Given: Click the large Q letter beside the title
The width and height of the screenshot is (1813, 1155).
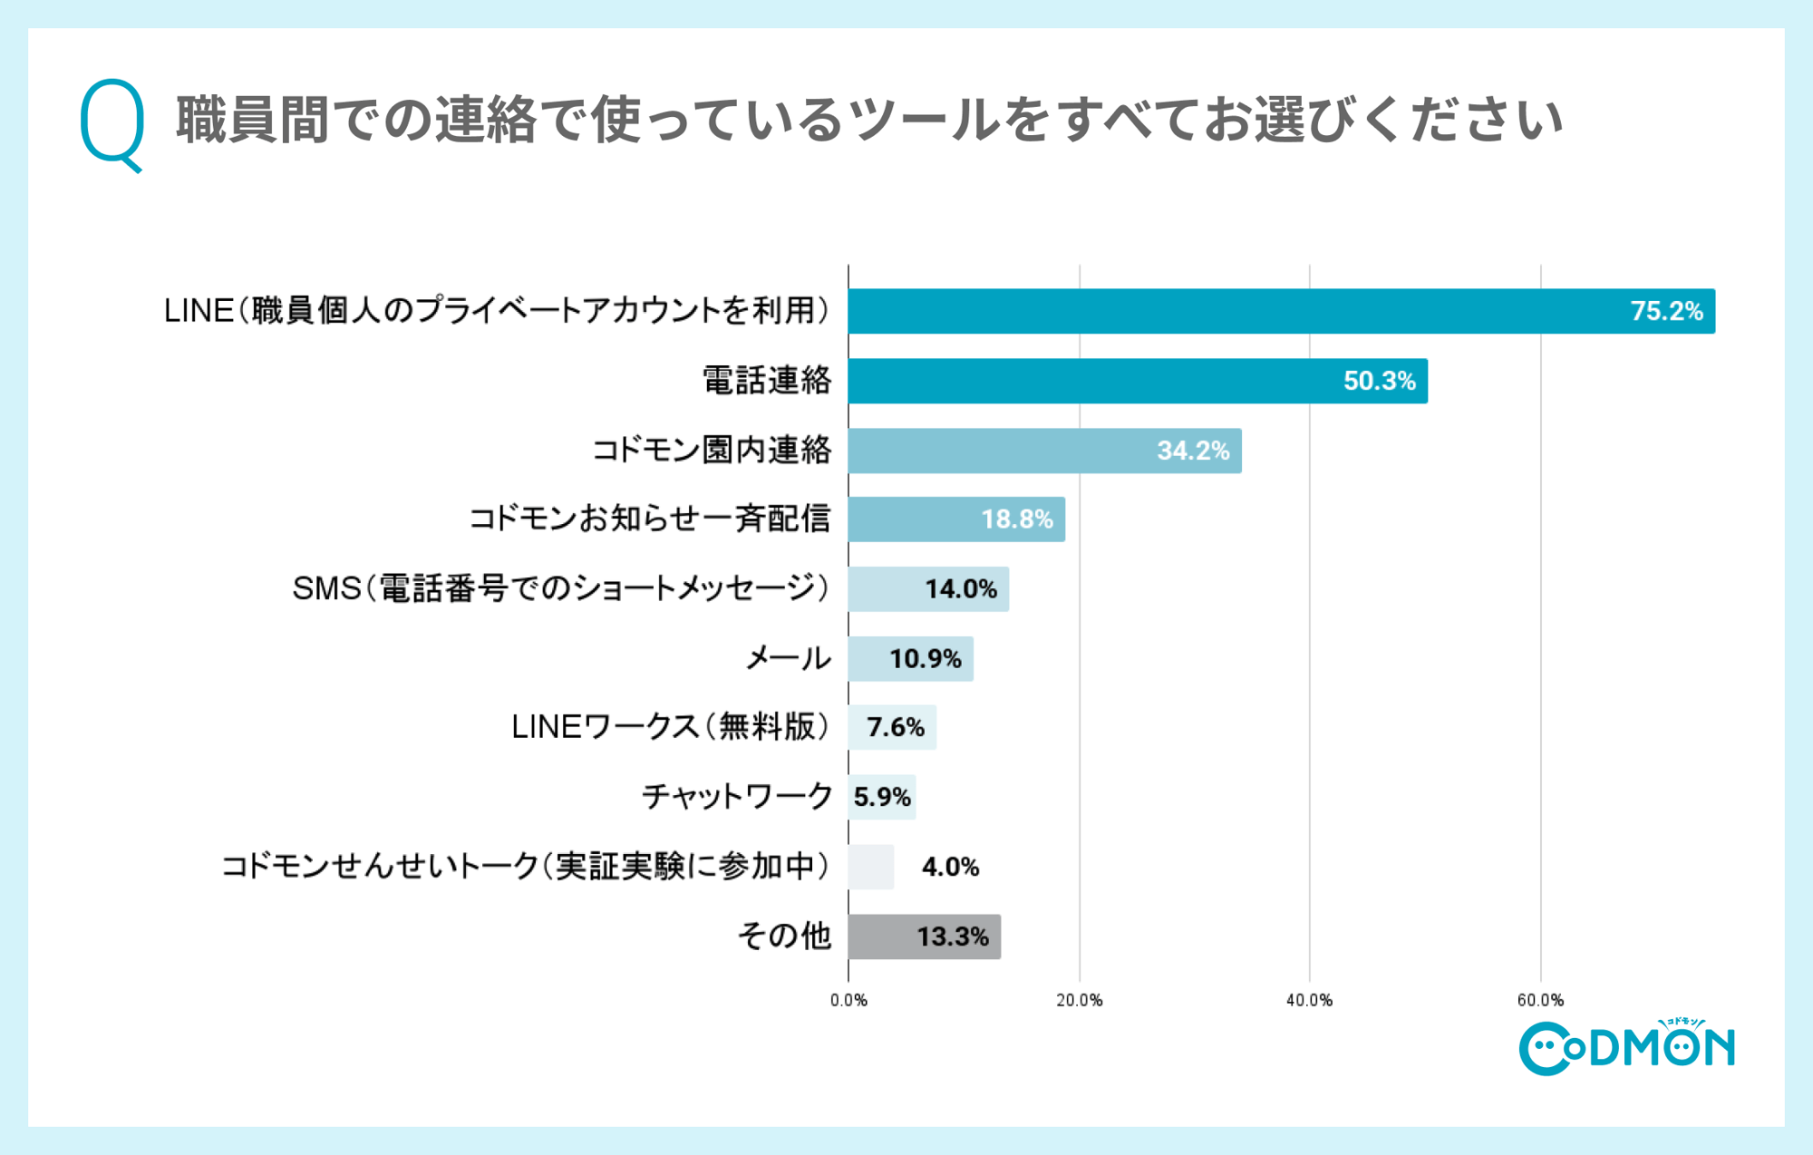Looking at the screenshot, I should tap(112, 122).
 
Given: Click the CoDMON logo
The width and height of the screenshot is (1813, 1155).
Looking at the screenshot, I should tap(1626, 1048).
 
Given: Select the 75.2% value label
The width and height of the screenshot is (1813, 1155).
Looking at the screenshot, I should tap(1666, 311).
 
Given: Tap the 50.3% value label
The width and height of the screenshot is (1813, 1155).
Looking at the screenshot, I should tap(1379, 381).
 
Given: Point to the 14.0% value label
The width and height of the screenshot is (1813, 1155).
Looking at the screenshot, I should tap(960, 589).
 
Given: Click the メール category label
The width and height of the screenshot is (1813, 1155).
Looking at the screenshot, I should tap(787, 658).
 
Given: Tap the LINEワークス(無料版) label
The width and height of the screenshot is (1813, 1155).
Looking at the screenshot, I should tap(670, 727).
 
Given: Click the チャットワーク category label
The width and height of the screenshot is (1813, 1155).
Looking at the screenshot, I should tap(736, 797).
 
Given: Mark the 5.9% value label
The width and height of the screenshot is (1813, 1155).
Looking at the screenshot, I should tap(881, 797).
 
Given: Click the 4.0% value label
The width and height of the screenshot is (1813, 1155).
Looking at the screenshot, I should tap(950, 867).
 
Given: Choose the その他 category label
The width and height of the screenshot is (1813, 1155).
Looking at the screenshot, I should tap(784, 936).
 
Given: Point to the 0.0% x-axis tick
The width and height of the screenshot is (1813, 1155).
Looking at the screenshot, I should tap(848, 1000).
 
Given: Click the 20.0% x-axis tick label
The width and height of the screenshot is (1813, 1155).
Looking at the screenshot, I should tap(1079, 1000).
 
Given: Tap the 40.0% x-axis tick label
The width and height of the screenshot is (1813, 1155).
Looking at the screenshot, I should tap(1309, 1000).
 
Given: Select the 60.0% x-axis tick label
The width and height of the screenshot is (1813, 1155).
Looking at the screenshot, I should tap(1540, 1000).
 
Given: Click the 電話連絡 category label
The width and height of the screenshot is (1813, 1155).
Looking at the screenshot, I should tap(767, 381).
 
